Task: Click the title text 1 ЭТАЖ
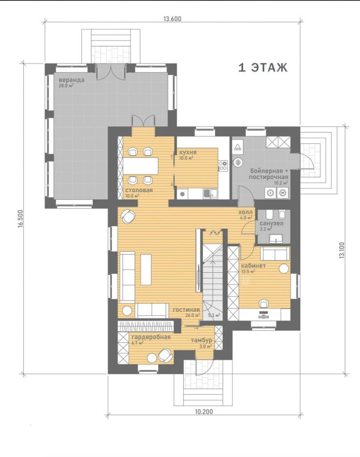[263, 67]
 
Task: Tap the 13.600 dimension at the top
[173, 19]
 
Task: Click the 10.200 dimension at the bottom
[204, 412]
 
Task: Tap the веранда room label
[71, 79]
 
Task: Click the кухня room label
[188, 152]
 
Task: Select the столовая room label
[139, 190]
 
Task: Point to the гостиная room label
[186, 310]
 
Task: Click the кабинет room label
[253, 266]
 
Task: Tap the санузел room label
[272, 223]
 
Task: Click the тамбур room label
[201, 341]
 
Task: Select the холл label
[245, 212]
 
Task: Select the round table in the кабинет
[284, 268]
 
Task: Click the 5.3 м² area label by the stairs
[214, 315]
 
